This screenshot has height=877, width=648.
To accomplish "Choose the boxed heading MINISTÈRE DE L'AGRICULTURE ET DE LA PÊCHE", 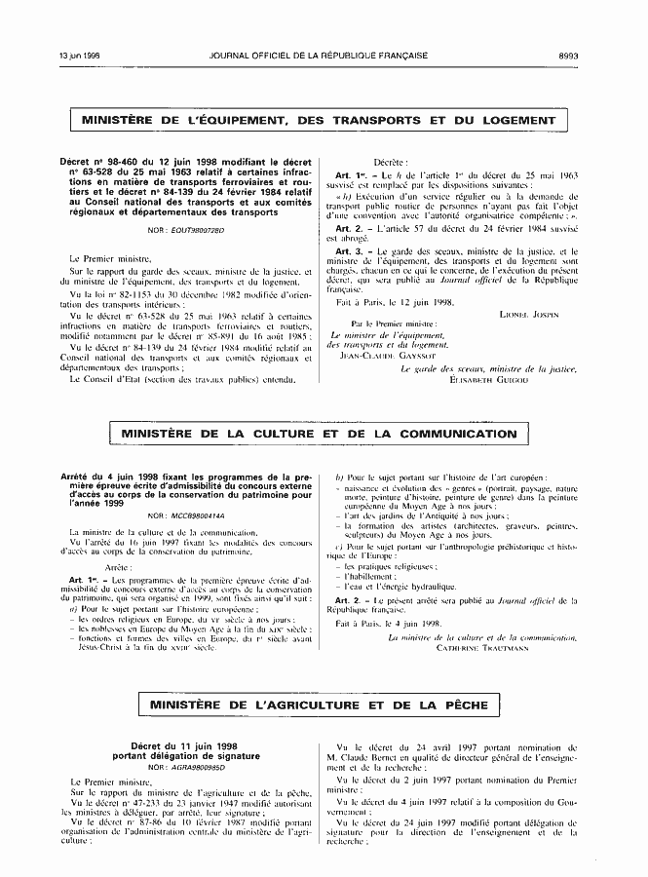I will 319,705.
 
